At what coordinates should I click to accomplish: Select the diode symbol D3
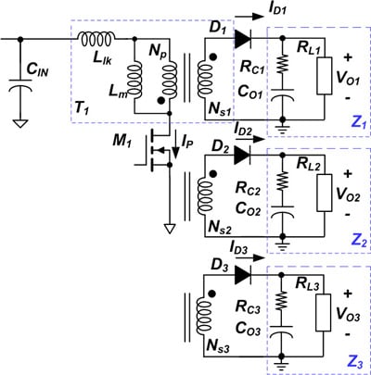pyautogui.click(x=244, y=275)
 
